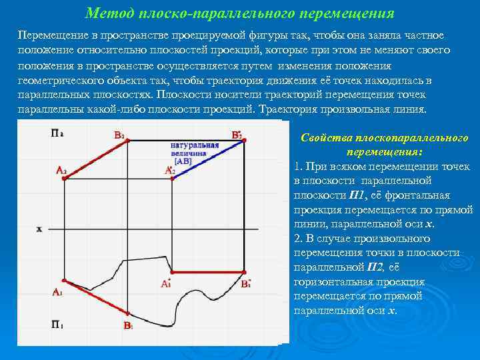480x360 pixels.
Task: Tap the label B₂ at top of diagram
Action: (119, 135)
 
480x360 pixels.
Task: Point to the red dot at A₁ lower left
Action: (63, 281)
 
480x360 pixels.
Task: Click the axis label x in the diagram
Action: (39, 229)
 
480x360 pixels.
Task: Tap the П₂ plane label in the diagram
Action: (57, 133)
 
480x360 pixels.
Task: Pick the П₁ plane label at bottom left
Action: (57, 325)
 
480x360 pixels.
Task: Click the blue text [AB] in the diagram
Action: (183, 161)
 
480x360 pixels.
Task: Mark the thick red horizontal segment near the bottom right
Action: (209, 273)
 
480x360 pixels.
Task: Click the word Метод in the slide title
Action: (105, 13)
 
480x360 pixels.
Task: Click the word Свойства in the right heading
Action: (325, 138)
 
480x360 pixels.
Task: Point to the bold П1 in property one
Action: (357, 195)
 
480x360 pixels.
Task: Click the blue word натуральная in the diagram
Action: (195, 145)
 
